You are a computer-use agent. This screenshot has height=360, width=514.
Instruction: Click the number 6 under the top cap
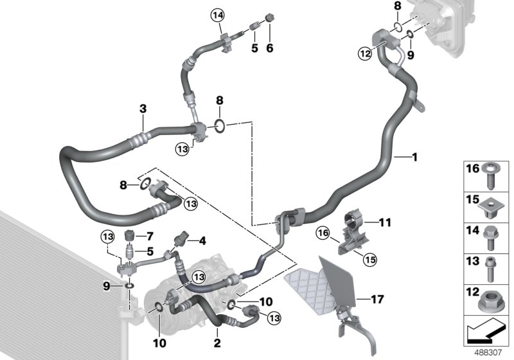pos(270,48)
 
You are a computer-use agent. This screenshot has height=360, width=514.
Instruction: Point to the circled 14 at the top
pos(220,14)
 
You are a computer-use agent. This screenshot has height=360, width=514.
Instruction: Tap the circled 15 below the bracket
pos(369,259)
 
